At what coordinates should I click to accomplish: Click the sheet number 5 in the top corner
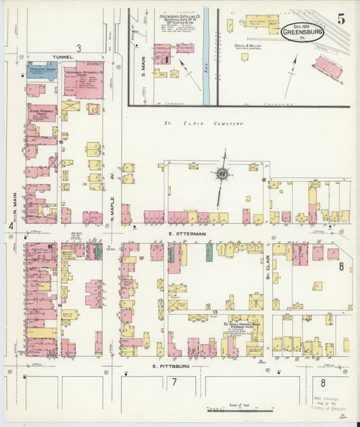point(341,19)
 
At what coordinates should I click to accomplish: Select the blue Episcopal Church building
point(42,68)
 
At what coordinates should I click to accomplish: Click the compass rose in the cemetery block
point(221,174)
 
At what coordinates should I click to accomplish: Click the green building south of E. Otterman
point(209,252)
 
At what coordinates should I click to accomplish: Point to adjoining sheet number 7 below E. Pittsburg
point(174,383)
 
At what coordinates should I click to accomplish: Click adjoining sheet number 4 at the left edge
point(11,225)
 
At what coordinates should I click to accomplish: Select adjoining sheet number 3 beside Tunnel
point(78,47)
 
